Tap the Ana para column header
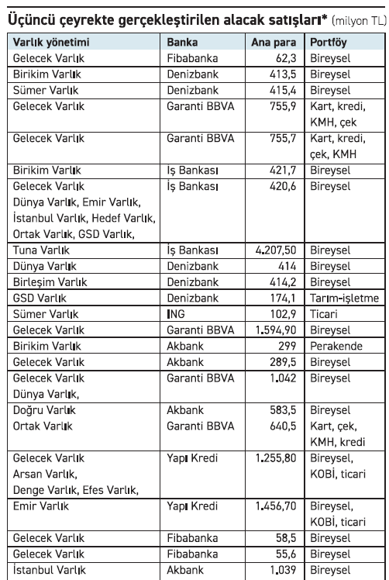click(x=275, y=41)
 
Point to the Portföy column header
click(x=329, y=41)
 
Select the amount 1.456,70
click(x=277, y=505)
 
